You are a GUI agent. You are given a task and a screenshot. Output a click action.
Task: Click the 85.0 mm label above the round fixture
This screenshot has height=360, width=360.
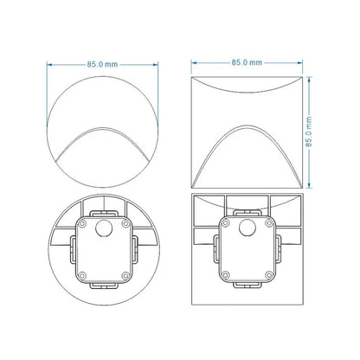click(x=102, y=64)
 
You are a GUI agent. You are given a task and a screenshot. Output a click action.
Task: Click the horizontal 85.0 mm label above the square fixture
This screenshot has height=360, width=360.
click(x=247, y=62)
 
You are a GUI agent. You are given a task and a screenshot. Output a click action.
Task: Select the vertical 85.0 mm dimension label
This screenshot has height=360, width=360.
click(x=309, y=132)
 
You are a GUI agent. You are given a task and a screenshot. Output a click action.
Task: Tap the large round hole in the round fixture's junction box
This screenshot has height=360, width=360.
click(x=104, y=228)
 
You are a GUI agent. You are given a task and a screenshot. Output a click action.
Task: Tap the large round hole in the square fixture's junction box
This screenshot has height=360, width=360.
click(x=247, y=228)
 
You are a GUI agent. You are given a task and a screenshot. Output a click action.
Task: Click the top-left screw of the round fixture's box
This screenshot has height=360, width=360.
click(x=82, y=223)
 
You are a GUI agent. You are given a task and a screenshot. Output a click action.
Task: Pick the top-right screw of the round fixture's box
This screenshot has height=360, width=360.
click(x=125, y=223)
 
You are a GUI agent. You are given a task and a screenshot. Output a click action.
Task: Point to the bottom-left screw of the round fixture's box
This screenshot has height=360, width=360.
click(x=82, y=275)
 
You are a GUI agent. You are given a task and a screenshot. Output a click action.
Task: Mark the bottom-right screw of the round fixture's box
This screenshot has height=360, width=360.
click(x=125, y=275)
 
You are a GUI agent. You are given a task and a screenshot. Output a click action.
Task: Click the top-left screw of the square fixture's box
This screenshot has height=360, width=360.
click(x=226, y=222)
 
